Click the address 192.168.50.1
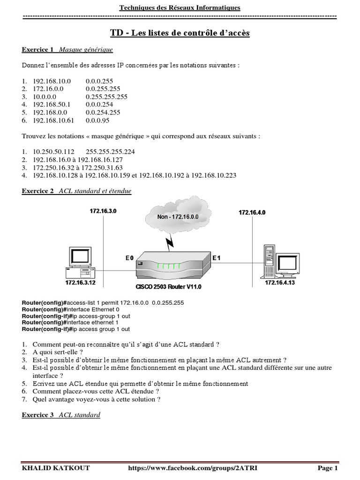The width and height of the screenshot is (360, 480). tap(51, 105)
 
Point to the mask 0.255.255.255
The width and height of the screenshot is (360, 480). tap(106, 97)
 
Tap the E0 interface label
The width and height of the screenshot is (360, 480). tap(129, 258)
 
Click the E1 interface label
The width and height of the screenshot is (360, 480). tap(217, 258)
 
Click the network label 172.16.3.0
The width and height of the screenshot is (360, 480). tap(103, 211)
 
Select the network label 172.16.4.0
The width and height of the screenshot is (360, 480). tap(252, 212)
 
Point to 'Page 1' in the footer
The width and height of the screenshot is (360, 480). tap(327, 468)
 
